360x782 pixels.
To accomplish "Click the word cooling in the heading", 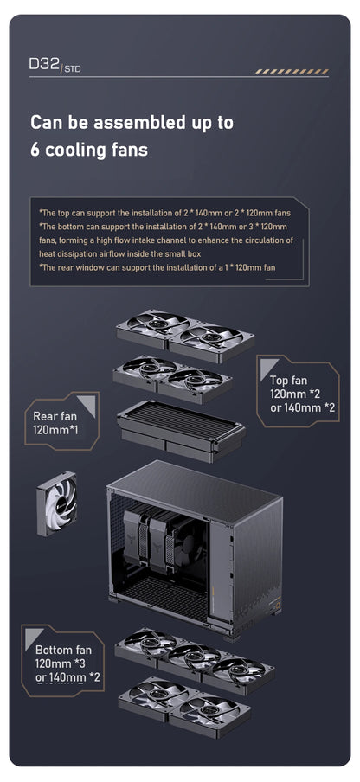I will pyautogui.click(x=79, y=150).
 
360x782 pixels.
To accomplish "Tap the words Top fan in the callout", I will pyautogui.click(x=288, y=380).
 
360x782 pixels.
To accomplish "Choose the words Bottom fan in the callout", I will pyautogui.click(x=63, y=649).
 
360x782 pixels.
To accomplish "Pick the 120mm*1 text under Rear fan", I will pyautogui.click(x=57, y=430).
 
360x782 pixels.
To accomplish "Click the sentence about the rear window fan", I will pyautogui.click(x=157, y=267).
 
